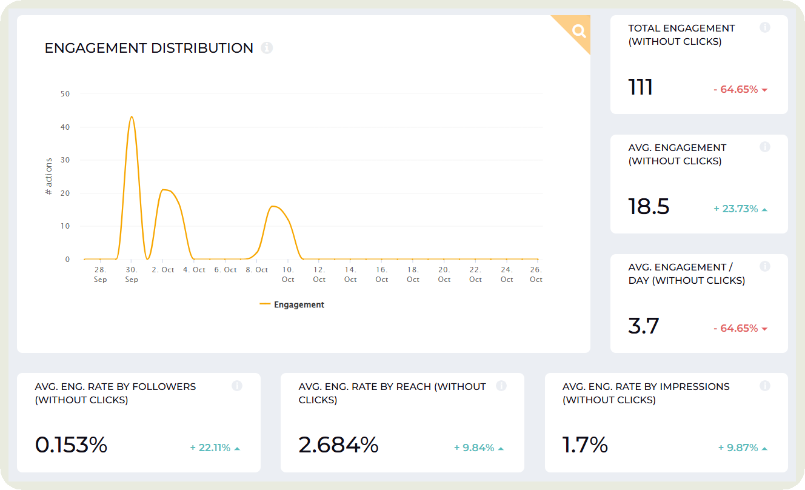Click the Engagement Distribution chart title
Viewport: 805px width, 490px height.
pyautogui.click(x=149, y=48)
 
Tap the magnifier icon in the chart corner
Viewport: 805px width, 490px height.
pyautogui.click(x=579, y=32)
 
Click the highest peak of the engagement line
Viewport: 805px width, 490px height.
pyautogui.click(x=131, y=117)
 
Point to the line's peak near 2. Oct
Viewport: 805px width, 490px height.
pyautogui.click(x=164, y=190)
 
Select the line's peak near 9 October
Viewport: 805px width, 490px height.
pyautogui.click(x=273, y=206)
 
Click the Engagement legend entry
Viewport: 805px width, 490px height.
pyautogui.click(x=292, y=304)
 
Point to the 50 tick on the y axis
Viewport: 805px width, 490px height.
pyautogui.click(x=65, y=94)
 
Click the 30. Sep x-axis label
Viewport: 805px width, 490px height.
pyautogui.click(x=132, y=275)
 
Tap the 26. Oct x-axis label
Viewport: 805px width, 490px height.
pyautogui.click(x=536, y=275)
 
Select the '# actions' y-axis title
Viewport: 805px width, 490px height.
pyautogui.click(x=49, y=176)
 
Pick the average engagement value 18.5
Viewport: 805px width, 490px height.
pyautogui.click(x=649, y=207)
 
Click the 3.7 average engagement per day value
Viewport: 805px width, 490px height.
pyautogui.click(x=644, y=326)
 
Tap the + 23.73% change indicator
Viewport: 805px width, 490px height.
pyautogui.click(x=740, y=209)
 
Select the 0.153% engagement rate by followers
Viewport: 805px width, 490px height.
pyautogui.click(x=72, y=445)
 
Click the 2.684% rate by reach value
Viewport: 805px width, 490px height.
pyautogui.click(x=338, y=445)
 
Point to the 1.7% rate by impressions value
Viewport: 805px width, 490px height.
pyautogui.click(x=585, y=445)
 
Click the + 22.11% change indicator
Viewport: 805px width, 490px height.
pyautogui.click(x=215, y=448)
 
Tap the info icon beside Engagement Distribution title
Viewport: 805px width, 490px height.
pyautogui.click(x=267, y=48)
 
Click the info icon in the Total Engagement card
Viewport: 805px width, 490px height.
pyautogui.click(x=765, y=27)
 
